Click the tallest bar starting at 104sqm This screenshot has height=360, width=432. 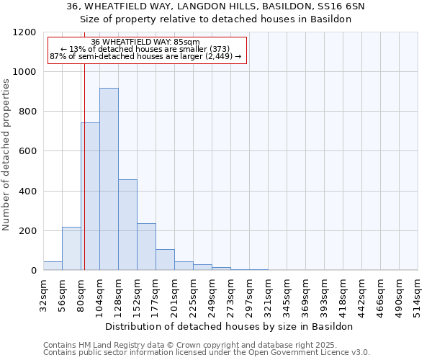click(109, 179)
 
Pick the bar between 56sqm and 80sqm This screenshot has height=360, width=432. click(71, 248)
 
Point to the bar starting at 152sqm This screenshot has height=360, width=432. click(146, 247)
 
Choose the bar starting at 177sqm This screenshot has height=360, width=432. click(165, 260)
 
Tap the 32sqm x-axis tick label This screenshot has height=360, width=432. click(44, 294)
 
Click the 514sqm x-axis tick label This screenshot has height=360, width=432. click(418, 294)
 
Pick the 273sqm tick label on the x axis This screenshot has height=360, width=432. click(231, 294)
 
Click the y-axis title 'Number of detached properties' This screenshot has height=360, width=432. click(6, 155)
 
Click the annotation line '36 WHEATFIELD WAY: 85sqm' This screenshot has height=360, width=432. click(146, 42)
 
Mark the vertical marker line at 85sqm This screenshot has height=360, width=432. click(84, 180)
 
